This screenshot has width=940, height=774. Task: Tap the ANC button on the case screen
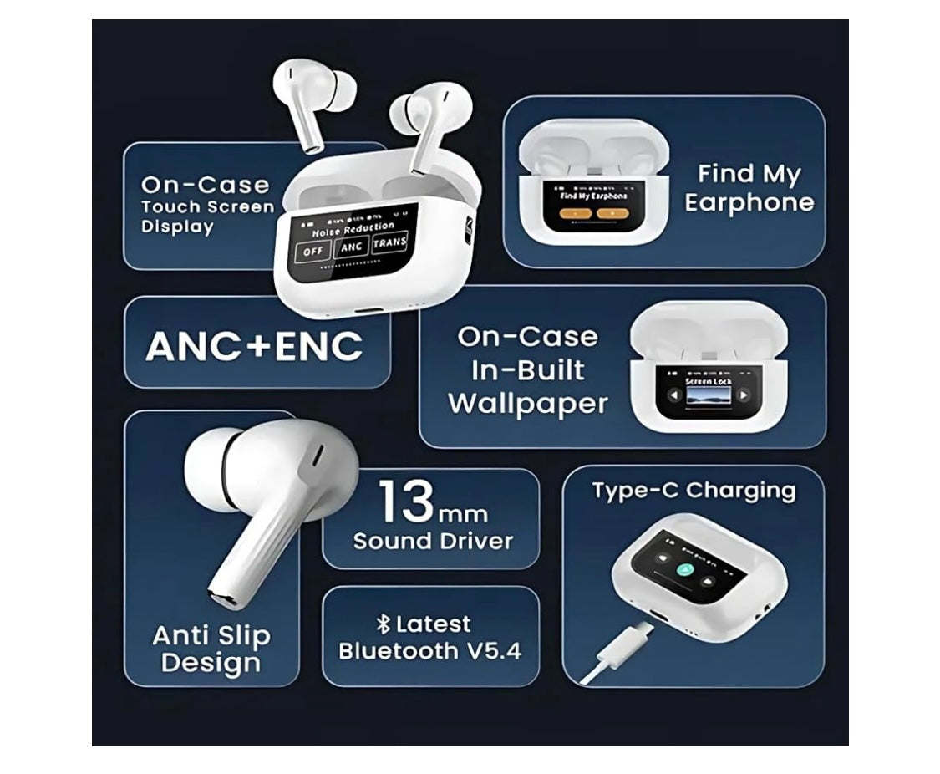coord(351,247)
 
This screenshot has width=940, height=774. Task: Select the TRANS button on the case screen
coord(389,243)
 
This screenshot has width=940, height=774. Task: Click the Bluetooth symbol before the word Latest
coord(384,624)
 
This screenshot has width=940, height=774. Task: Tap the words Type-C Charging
coord(694,491)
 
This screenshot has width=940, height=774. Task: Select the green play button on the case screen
coord(684,572)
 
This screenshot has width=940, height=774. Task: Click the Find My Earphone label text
coord(749,188)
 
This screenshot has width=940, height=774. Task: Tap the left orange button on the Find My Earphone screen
coord(572,213)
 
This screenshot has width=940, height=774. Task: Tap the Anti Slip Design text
coord(211,649)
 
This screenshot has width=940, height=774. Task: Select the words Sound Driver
coord(432,541)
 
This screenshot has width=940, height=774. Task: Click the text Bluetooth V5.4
coord(429,651)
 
